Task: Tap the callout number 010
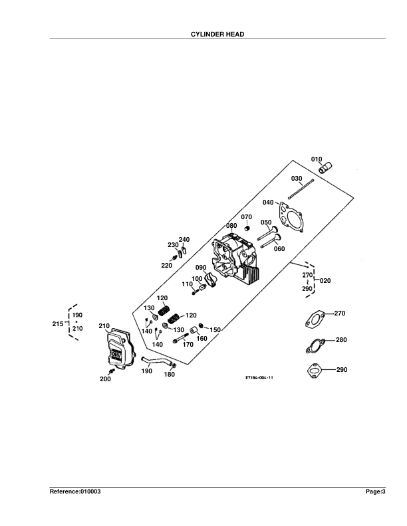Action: [317, 159]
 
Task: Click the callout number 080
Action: [231, 226]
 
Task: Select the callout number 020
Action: [325, 280]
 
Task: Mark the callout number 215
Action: [57, 323]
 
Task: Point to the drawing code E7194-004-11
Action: [259, 377]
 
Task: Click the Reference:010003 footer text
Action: [75, 491]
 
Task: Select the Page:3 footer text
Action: [374, 491]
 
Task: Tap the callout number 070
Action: [246, 217]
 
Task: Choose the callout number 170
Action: [188, 344]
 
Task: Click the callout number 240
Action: [184, 239]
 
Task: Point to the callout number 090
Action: [201, 268]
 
